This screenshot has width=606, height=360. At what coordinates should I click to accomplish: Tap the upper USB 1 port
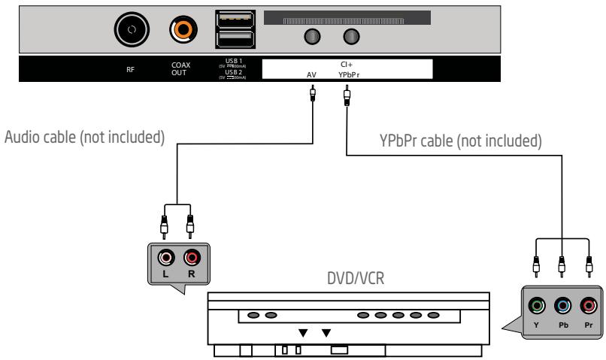pos(229,17)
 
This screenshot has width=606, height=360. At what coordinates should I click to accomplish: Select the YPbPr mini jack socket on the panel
pos(350,37)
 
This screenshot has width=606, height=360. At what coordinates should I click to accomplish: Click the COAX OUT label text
pos(182,70)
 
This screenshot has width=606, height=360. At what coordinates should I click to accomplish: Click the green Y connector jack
pos(535,306)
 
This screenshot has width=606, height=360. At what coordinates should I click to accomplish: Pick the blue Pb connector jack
pos(562,306)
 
